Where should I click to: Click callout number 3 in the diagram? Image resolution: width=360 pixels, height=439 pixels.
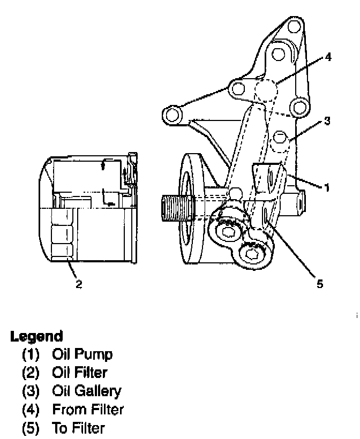[327, 122]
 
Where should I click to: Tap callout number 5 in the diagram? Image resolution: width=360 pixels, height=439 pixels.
[320, 284]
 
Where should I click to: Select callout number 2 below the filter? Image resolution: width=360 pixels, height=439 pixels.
[79, 284]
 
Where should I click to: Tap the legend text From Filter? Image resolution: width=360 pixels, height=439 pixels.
[88, 410]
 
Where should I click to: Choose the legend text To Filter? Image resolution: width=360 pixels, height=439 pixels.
[79, 428]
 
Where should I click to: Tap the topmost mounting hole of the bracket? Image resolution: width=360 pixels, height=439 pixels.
[292, 27]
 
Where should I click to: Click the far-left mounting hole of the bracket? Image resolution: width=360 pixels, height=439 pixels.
[172, 114]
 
